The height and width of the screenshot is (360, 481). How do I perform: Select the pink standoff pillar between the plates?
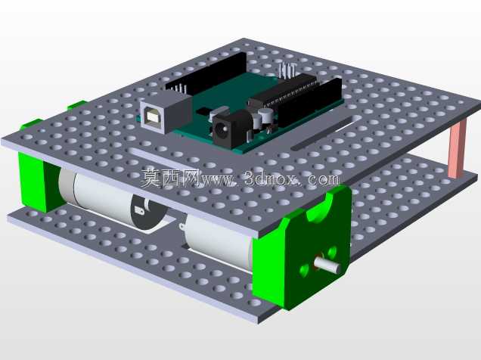tap(457, 148)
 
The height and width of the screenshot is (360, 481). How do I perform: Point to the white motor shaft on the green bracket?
tap(327, 265)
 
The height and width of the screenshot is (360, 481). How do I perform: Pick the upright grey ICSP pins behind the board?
tap(287, 70)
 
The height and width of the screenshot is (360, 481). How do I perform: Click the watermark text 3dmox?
tap(272, 178)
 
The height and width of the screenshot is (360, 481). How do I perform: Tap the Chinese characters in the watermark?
tap(170, 178)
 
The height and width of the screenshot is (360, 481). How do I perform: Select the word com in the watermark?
tap(324, 179)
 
